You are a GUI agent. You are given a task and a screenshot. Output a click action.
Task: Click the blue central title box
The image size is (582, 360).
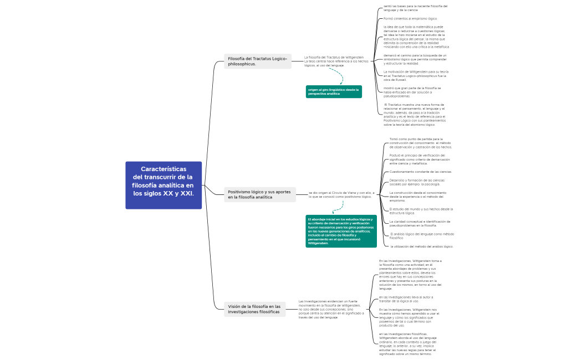164,185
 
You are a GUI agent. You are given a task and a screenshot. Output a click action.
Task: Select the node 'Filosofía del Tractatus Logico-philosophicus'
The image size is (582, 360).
258,61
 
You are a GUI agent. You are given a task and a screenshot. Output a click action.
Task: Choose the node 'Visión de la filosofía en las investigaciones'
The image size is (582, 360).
255,309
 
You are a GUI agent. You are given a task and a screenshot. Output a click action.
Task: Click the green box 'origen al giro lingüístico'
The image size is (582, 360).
334,91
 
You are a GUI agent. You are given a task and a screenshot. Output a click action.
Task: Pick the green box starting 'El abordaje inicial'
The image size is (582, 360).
341,231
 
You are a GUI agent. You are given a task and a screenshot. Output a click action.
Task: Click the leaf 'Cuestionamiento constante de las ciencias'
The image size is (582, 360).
421,172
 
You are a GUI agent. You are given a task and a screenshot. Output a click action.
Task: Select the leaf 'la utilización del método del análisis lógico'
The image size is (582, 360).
422,246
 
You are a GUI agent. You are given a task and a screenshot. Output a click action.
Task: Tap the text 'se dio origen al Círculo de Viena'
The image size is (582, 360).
341,194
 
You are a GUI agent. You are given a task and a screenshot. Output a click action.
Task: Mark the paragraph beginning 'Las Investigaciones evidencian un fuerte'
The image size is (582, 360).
331,309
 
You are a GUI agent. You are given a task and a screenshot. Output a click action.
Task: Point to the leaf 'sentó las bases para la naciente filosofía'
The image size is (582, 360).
415,8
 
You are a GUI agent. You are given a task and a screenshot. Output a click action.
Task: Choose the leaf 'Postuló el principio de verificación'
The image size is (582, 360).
420,160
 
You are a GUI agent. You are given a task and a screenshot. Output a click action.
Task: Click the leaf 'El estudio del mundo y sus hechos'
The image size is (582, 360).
421,210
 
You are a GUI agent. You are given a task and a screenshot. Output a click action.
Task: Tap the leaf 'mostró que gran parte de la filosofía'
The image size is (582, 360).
412,92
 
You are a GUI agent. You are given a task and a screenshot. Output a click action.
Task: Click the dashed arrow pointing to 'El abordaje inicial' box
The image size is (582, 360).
337,207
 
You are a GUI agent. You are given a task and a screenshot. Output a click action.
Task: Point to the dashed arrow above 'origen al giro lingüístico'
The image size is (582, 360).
337,76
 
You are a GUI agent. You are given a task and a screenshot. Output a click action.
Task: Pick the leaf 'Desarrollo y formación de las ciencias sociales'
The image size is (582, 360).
417,182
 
